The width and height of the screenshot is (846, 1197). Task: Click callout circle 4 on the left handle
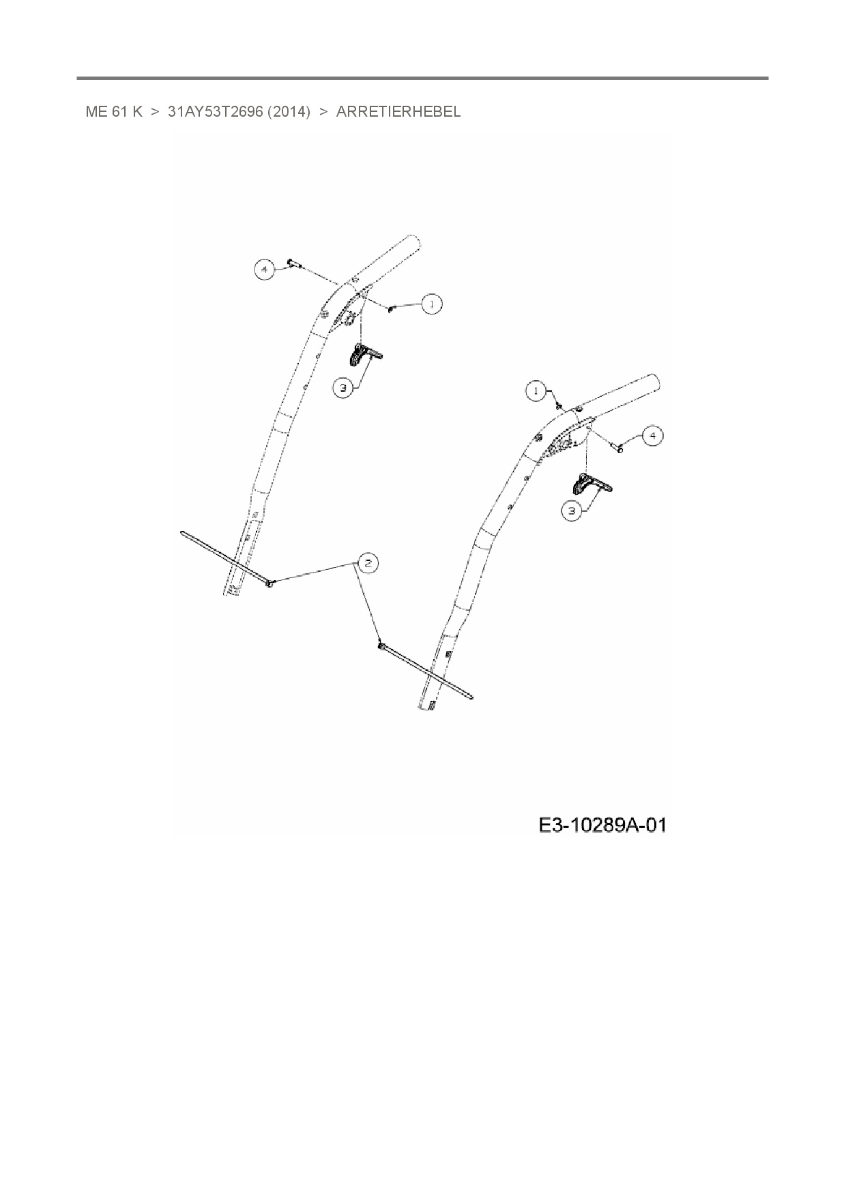pos(264,270)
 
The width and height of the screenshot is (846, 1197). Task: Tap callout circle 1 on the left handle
pos(431,304)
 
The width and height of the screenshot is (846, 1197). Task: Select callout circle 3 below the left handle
pos(343,388)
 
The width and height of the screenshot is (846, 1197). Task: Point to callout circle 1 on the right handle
pos(536,391)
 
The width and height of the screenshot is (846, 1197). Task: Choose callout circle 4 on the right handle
pos(652,435)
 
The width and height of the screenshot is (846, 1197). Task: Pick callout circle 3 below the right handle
pos(572,510)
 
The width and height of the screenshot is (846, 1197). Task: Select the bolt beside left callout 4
pos(293,263)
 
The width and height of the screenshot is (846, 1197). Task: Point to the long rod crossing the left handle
pos(225,557)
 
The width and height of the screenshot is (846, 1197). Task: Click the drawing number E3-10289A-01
pos(602,826)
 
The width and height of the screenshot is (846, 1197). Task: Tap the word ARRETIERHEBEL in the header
pos(398,112)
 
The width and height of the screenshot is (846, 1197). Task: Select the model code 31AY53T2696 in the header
pos(215,112)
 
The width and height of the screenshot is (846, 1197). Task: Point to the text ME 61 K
pos(114,112)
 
